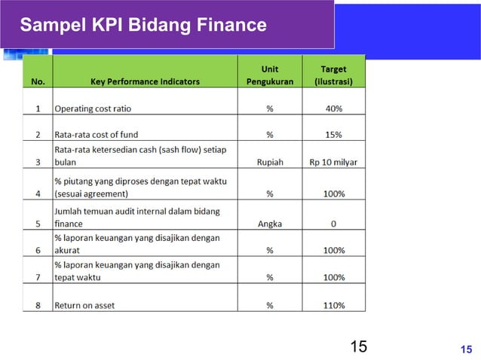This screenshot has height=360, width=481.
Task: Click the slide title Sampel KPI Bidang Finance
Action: pos(143,26)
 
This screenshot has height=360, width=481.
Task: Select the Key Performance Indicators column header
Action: pos(146,81)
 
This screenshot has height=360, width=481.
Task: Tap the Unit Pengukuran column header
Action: pos(269,75)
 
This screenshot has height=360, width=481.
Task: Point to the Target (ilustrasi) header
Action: pos(333,75)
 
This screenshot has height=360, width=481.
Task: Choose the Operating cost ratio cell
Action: pos(93,108)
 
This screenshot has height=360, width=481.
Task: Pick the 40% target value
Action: pos(333,108)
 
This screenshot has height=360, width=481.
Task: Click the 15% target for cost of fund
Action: pos(333,135)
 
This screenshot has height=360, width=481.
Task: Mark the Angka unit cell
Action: pos(269,224)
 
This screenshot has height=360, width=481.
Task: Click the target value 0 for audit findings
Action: pos(333,224)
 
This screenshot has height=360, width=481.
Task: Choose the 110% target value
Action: pos(333,306)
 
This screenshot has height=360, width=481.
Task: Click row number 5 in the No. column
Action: pos(38,224)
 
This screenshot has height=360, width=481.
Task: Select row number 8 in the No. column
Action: pos(38,306)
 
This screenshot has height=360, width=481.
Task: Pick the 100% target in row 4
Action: pos(333,194)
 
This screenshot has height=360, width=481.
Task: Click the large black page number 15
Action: pos(359,346)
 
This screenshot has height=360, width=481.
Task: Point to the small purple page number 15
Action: pos(466,348)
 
